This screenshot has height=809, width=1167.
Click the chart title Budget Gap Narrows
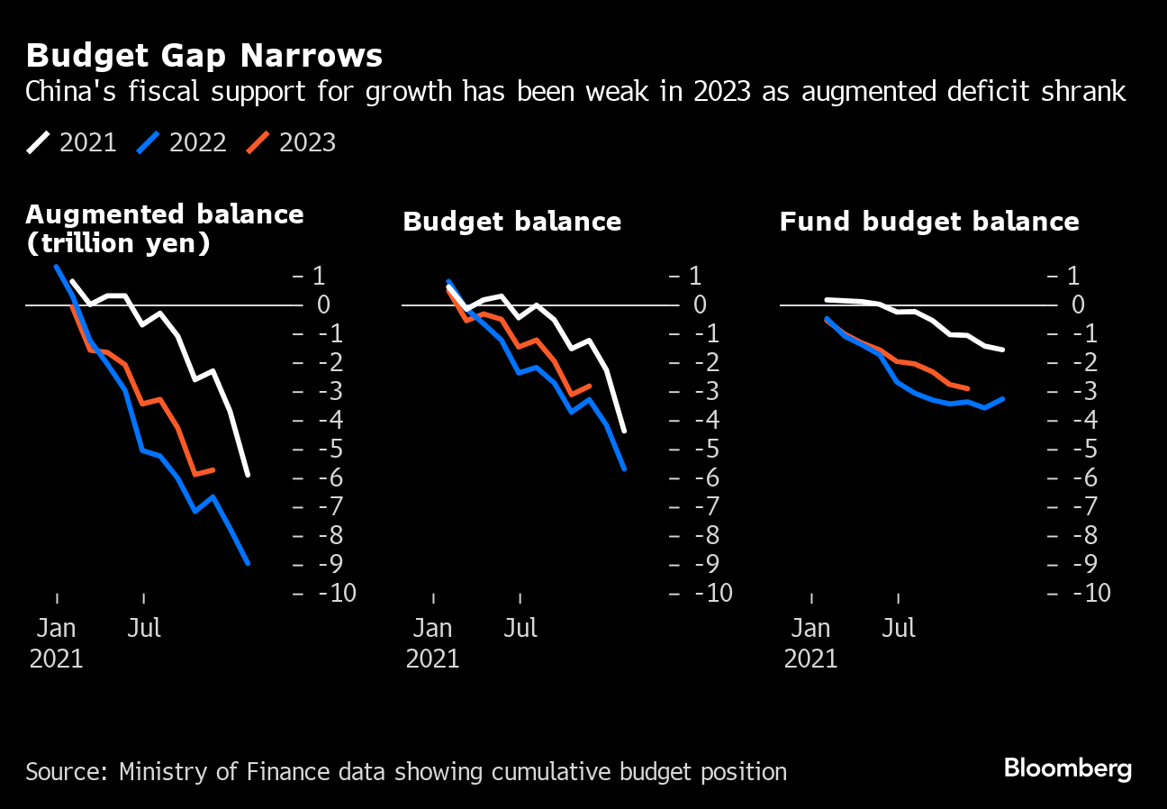click(204, 56)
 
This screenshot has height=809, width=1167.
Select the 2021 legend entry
click(72, 142)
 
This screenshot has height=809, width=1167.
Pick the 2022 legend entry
click(182, 142)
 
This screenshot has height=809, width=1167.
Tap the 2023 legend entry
click(292, 142)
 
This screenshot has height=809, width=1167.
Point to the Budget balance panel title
click(511, 222)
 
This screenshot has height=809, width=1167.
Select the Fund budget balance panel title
click(928, 222)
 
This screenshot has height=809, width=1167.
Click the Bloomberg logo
click(1068, 768)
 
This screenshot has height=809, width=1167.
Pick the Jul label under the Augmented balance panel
click(144, 628)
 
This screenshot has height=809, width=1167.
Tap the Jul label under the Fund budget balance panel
click(898, 628)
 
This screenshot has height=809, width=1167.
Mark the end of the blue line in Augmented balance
click(248, 564)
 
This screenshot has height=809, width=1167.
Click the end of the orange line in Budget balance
click(590, 386)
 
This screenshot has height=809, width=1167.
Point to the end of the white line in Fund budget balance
click(1002, 350)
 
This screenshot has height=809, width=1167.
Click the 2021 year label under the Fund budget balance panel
click(811, 659)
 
